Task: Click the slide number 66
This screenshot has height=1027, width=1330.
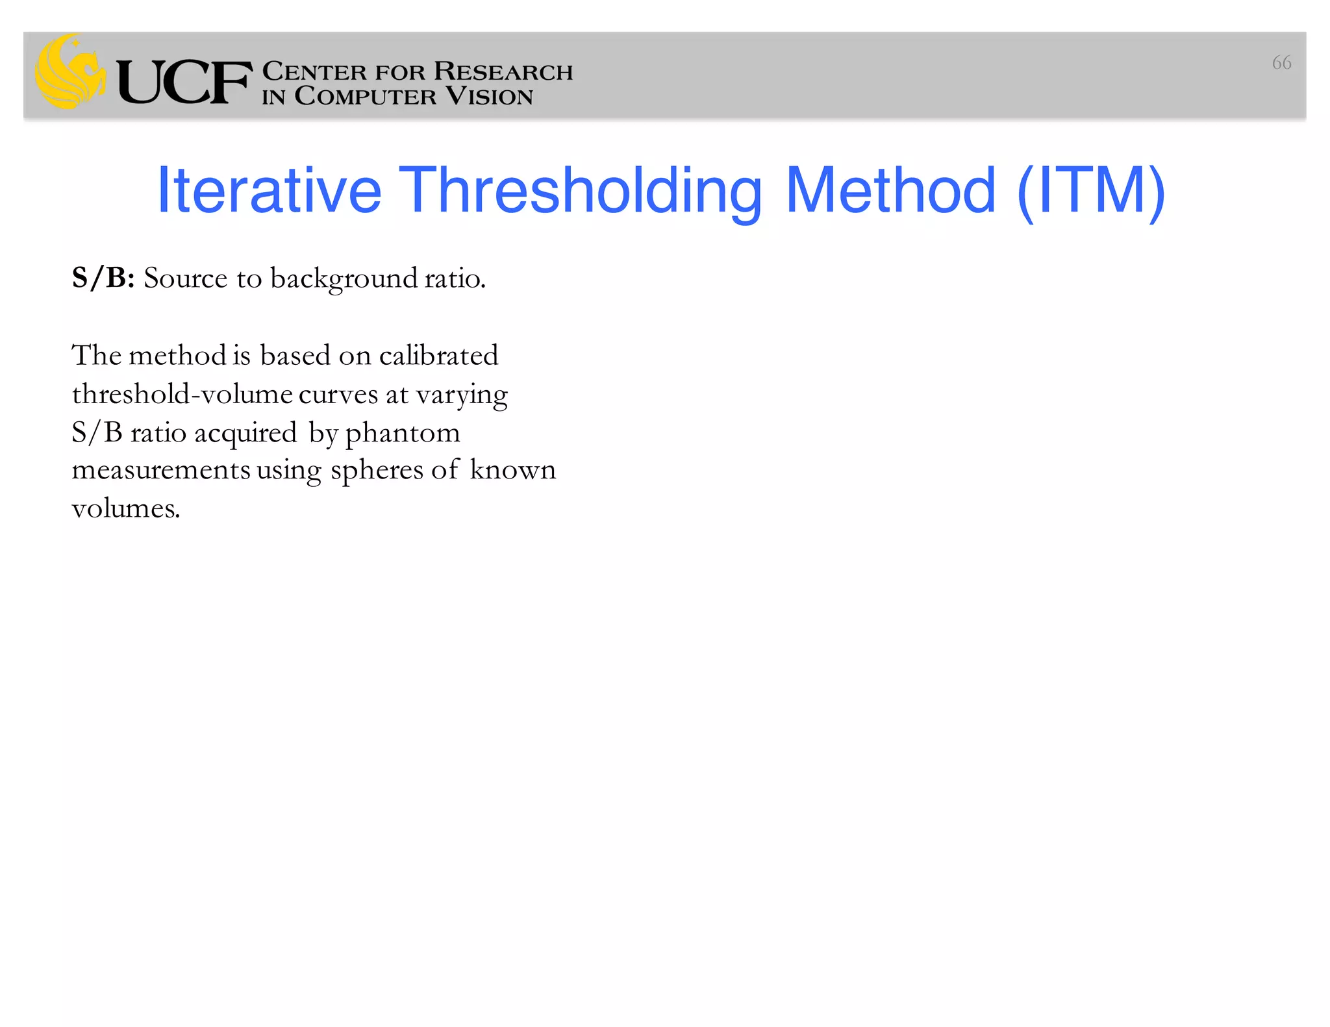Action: click(1281, 63)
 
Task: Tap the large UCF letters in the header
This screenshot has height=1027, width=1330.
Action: click(184, 82)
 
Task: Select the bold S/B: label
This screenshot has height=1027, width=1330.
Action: click(103, 278)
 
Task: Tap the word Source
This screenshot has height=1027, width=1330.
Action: click(186, 278)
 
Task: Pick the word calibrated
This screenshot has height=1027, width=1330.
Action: click(438, 356)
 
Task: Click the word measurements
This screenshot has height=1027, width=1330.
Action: click(160, 470)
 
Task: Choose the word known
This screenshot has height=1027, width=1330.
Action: click(513, 470)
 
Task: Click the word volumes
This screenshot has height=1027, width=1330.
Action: click(125, 508)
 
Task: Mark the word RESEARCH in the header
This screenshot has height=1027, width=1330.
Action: click(503, 71)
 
